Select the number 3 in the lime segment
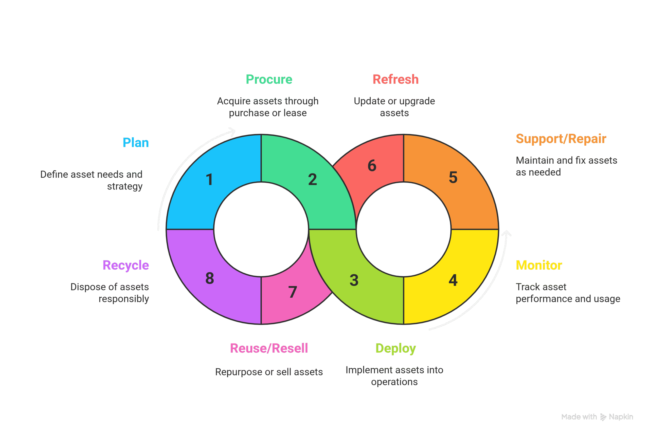pos(354,280)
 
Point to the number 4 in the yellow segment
pos(453,280)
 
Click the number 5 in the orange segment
pos(453,177)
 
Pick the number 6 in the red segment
pos(372,166)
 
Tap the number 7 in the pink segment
pos(293,292)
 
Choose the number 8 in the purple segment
pos(210,278)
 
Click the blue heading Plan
pos(136,143)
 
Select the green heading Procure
pos(269,80)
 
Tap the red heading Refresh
pos(395,80)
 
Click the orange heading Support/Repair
pos(561,139)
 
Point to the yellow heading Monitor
pos(539,265)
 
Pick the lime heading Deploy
pos(395,348)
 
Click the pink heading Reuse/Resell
pos(269,348)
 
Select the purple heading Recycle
pos(126,266)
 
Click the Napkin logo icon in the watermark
pos(603,417)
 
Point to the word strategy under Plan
pos(125,186)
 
